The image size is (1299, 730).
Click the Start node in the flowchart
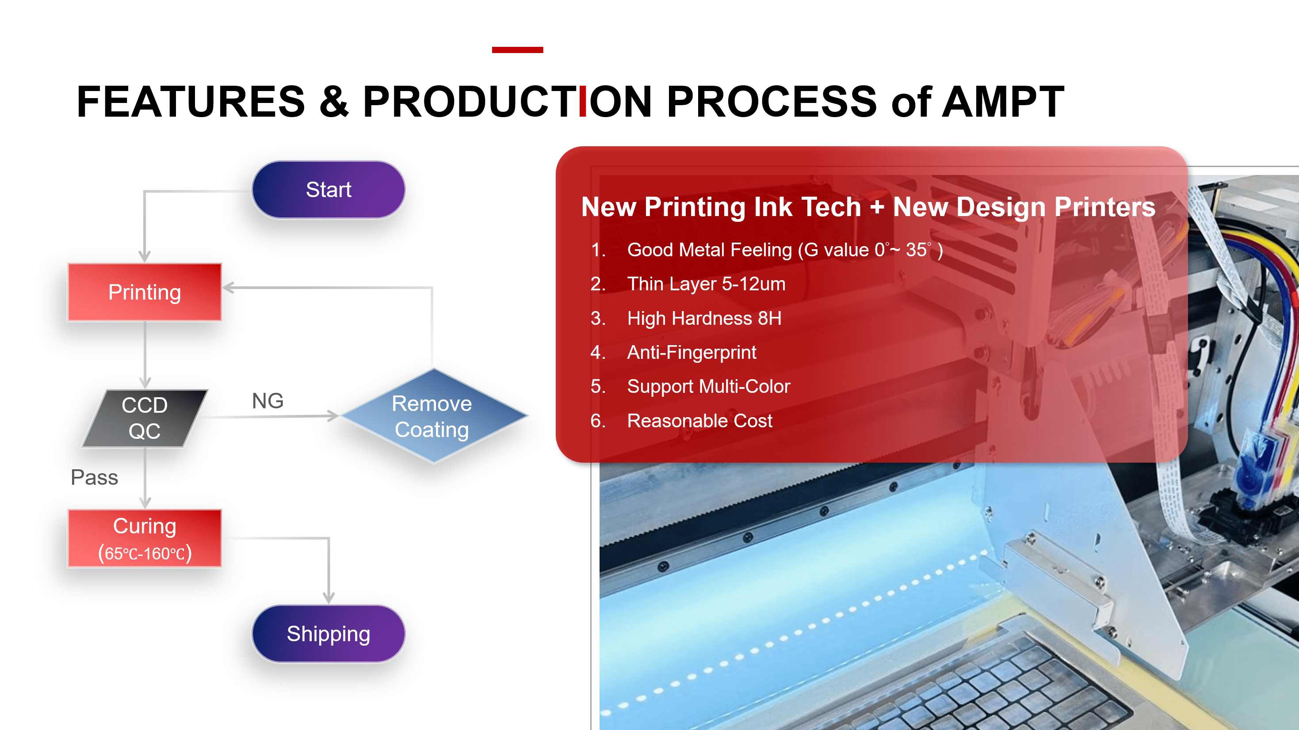328,190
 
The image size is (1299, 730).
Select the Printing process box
145,293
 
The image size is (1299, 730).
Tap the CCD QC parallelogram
145,418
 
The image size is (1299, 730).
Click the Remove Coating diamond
432,416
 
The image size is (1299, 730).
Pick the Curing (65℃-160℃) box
145,538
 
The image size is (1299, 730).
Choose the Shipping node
328,634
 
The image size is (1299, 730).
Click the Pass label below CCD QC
94,477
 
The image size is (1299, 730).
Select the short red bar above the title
517,49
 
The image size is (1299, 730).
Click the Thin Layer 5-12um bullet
706,284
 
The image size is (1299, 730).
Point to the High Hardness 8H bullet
704,318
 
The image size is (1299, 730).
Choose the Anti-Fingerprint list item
692,352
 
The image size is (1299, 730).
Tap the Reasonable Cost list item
699,420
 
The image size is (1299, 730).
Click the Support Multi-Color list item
708,386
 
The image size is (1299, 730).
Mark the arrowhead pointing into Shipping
329,598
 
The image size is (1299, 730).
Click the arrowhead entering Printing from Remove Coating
229,288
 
